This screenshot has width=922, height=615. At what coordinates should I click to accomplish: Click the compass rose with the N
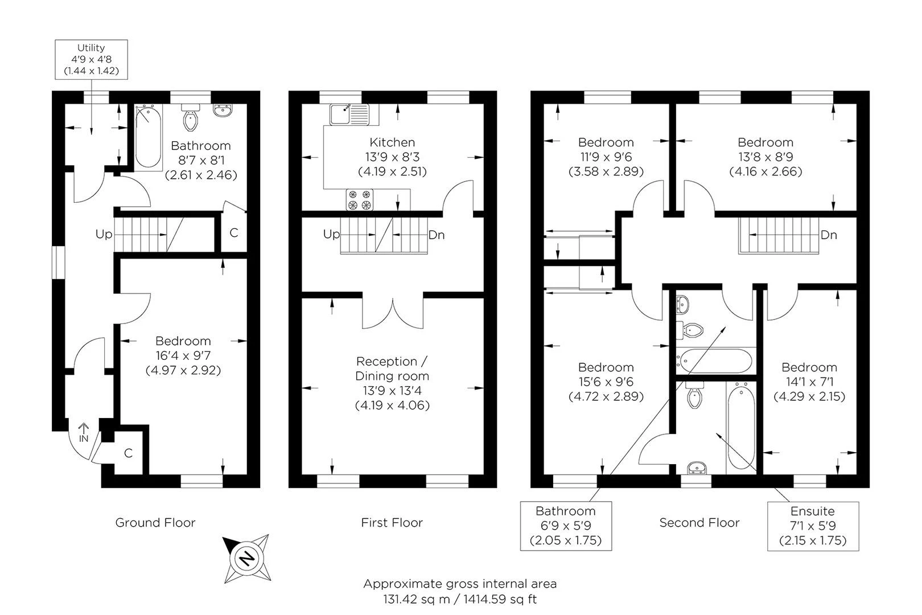point(247,559)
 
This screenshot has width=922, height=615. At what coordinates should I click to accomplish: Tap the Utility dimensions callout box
point(92,59)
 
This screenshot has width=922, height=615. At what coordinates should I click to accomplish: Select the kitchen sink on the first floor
point(349,114)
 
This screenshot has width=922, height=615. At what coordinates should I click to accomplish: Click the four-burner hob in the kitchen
point(359,200)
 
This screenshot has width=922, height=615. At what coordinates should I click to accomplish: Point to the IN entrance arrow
point(84,433)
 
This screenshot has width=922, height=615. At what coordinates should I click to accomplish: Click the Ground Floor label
point(155,523)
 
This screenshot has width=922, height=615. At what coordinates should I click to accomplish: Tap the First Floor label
point(392,523)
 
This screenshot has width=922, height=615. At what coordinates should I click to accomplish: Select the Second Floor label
point(699,523)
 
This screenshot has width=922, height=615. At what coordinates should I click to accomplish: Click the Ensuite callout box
point(813,526)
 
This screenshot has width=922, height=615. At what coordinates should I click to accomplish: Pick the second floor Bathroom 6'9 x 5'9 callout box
point(566,526)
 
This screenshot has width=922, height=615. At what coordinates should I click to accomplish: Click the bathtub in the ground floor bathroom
point(148,137)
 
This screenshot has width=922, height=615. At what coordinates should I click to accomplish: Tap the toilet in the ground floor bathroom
point(190,118)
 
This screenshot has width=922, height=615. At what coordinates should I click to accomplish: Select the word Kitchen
point(392,142)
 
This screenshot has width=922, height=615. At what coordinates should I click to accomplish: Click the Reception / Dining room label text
point(392,368)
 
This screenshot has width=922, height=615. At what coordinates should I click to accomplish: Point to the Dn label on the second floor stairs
point(829,235)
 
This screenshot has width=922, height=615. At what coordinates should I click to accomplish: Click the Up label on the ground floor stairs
point(104,235)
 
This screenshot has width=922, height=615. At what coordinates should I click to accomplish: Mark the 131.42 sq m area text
point(417,599)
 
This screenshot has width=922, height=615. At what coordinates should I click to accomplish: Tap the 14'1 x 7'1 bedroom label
point(809,382)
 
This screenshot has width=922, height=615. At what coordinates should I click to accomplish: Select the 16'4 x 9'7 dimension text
point(183,355)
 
